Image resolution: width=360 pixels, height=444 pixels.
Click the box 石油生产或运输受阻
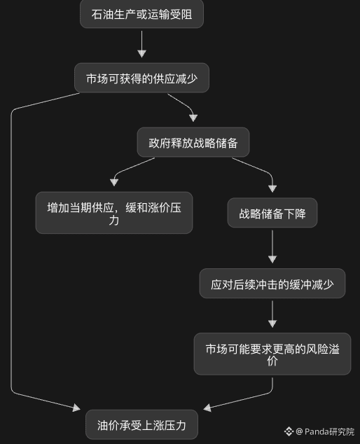click(141, 14)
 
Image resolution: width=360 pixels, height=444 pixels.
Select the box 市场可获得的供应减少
click(141, 78)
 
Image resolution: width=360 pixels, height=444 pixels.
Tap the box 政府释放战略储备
click(193, 142)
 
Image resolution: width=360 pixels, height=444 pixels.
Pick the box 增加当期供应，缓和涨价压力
click(114, 213)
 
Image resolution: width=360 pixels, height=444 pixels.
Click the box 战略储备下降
click(272, 213)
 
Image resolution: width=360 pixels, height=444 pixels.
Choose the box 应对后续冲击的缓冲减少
click(272, 283)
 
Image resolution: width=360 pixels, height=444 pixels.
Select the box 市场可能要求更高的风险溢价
click(272, 354)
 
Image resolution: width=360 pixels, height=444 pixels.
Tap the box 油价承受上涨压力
click(141, 424)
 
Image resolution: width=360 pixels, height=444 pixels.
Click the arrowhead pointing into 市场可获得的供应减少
click(141, 54)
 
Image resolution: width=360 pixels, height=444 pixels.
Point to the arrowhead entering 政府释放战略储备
click(193, 118)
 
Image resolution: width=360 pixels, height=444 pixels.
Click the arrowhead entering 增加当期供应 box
click(114, 182)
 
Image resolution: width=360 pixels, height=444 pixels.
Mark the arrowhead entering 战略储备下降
click(272, 188)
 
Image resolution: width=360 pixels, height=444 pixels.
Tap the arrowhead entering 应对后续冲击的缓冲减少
click(272, 259)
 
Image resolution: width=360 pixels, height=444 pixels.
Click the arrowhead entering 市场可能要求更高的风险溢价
click(272, 324)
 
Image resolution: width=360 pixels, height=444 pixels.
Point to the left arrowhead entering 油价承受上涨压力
click(76, 408)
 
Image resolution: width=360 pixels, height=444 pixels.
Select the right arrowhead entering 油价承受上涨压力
click(207, 408)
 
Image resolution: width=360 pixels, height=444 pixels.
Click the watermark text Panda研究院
click(329, 432)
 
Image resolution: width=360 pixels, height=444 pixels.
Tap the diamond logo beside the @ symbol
click(289, 431)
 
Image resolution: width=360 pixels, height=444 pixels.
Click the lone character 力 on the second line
click(114, 221)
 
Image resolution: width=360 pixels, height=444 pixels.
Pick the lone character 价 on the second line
click(272, 361)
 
